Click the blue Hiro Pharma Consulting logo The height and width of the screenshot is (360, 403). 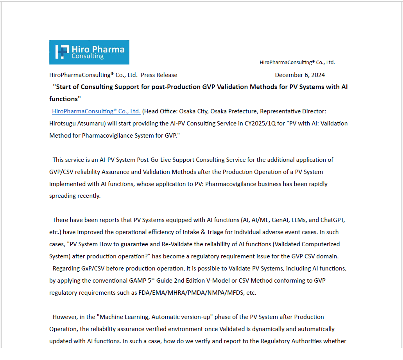[89, 52]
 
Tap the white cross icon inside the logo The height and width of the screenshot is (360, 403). [62, 52]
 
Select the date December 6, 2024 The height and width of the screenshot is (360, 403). [299, 75]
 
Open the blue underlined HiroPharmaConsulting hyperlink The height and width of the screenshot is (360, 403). [96, 111]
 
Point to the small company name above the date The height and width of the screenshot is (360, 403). [297, 63]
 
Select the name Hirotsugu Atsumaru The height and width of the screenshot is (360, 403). [73, 124]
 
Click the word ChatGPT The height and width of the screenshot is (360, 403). [332, 220]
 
